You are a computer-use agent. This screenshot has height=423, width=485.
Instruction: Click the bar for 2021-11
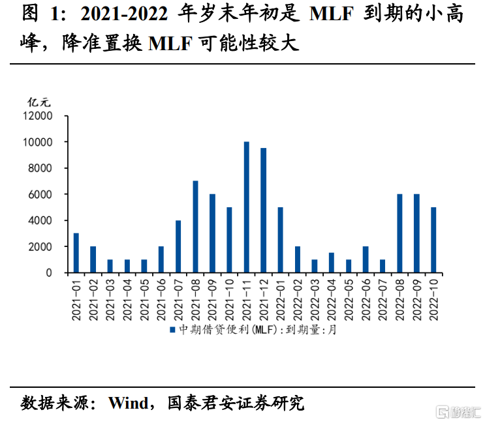pos(247,207)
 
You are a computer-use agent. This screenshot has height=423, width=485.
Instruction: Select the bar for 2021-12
pos(264,211)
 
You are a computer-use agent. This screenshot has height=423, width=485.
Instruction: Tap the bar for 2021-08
pos(195,227)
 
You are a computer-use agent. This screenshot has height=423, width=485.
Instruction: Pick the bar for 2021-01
pos(76,253)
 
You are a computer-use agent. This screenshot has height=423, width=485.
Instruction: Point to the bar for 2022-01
pos(281,240)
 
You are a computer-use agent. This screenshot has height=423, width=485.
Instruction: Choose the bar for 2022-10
pos(433,240)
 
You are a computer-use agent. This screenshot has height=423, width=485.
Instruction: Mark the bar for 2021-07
pos(178,246)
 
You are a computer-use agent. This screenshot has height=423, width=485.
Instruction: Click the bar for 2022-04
pos(332,263)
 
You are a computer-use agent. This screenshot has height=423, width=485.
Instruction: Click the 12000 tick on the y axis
pos(39,116)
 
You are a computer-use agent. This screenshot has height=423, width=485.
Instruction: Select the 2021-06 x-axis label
pos(161,299)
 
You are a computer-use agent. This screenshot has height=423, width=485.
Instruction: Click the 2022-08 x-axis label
pos(399,299)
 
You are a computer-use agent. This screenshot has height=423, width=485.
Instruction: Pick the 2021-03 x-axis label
pos(110,299)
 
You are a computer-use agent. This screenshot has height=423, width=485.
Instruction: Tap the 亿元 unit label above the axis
pos(39,102)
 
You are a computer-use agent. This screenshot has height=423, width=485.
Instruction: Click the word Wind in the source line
pos(128,402)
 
